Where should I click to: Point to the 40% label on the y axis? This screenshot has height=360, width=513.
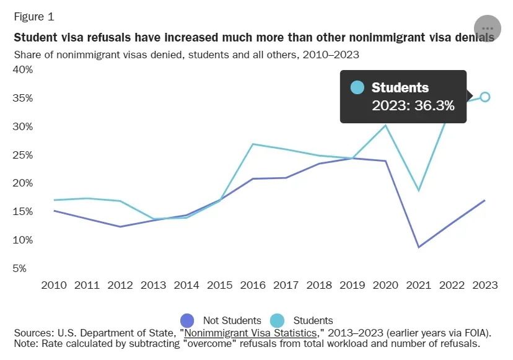(x=24, y=69)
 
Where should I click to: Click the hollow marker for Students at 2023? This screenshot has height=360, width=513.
(x=485, y=97)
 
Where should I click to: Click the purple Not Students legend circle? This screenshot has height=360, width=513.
(x=188, y=320)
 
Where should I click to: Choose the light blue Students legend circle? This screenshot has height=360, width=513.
(x=277, y=320)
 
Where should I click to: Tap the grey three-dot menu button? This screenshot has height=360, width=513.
(x=487, y=29)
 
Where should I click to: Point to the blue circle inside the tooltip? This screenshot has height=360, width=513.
(x=357, y=87)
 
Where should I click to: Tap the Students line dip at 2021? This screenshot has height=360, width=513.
(x=419, y=190)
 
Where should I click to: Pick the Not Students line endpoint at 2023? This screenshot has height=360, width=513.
(x=484, y=200)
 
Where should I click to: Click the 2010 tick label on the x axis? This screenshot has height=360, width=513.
(x=54, y=285)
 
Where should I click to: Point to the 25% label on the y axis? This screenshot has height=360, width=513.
(x=24, y=155)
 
